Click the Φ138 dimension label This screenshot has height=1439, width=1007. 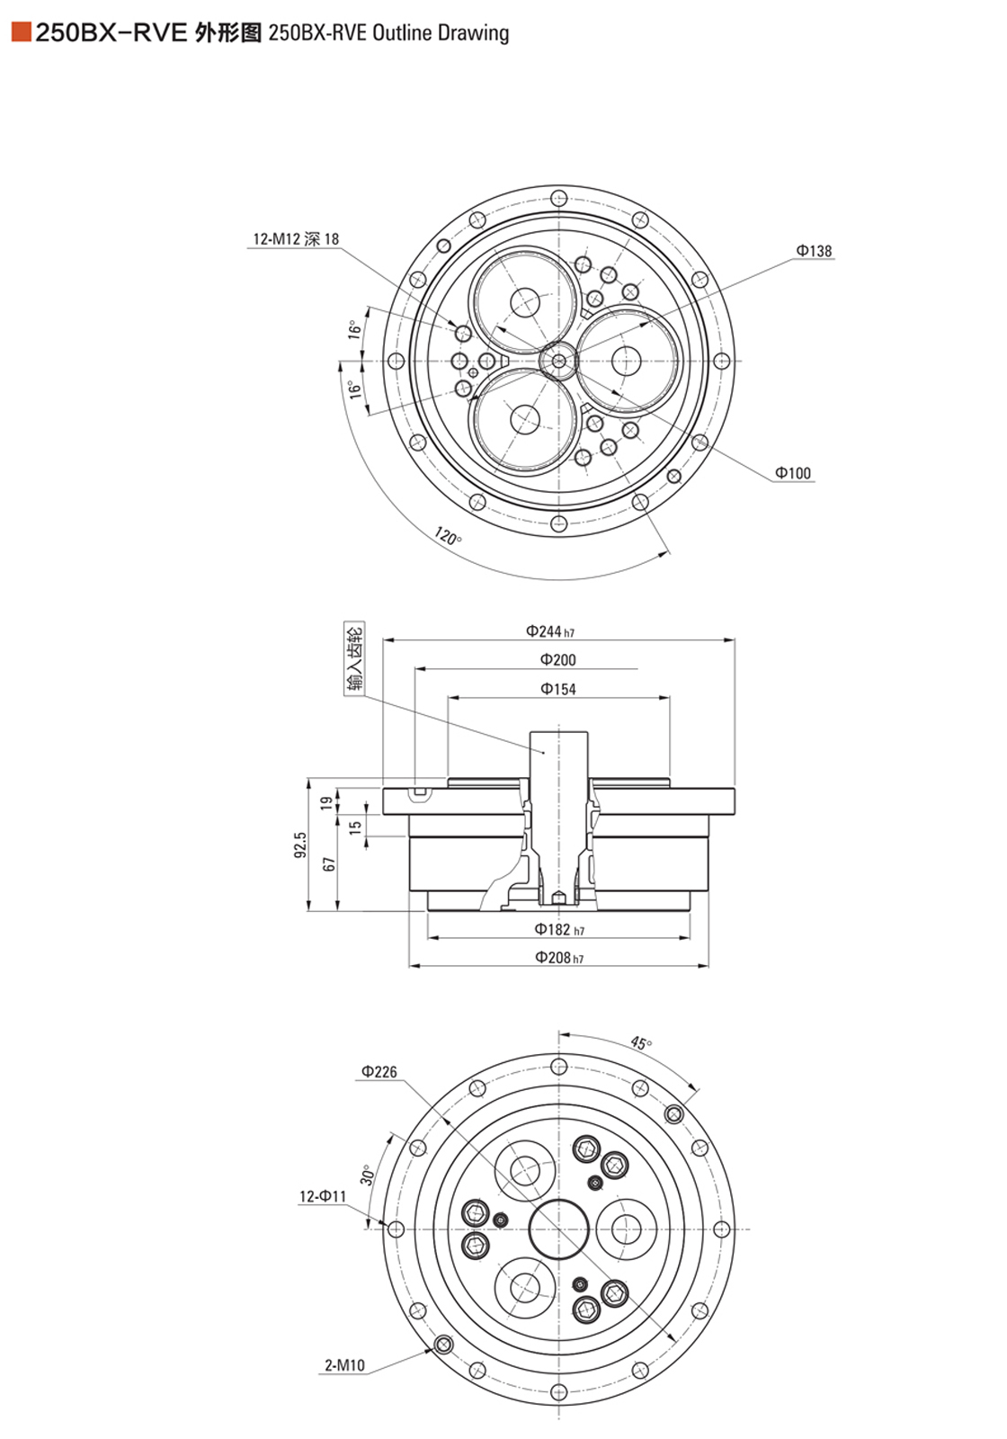814,251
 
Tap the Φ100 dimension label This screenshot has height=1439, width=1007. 793,473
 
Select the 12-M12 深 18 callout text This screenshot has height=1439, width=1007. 296,239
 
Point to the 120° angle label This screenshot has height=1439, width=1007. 448,537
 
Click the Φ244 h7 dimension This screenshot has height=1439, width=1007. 550,631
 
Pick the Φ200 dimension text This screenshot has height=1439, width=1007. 557,660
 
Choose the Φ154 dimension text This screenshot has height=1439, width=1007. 557,689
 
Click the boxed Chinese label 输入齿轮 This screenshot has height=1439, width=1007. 355,658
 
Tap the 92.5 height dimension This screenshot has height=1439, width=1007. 300,845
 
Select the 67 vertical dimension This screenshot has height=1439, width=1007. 329,863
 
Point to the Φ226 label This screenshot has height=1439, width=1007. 379,1072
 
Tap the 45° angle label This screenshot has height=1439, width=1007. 640,1043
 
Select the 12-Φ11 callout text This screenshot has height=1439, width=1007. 322,1197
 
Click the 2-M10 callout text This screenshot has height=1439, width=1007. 344,1365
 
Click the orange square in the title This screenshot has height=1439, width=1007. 21,33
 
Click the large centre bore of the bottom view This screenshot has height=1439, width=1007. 559,1229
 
